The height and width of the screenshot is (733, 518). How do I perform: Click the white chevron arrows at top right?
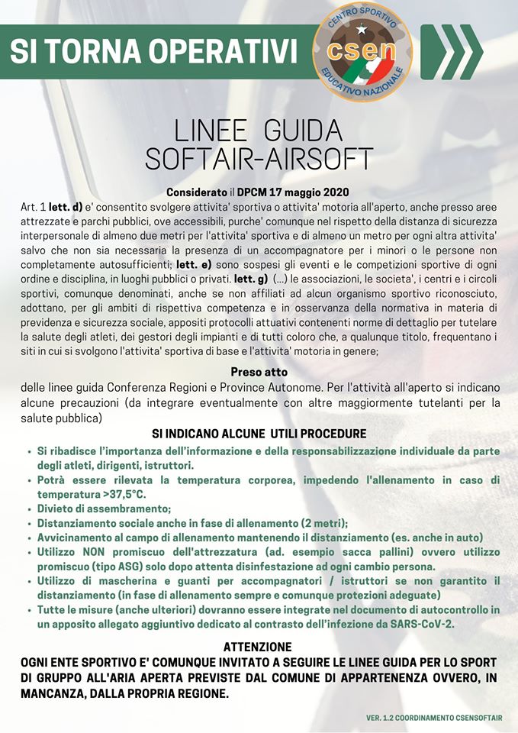(452, 52)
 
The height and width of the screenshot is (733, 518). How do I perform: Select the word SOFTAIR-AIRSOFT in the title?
(259, 158)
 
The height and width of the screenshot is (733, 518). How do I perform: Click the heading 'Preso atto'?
(259, 372)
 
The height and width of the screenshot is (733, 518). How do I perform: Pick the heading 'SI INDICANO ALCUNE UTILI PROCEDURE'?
(259, 433)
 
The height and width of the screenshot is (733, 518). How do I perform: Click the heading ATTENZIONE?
(259, 646)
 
